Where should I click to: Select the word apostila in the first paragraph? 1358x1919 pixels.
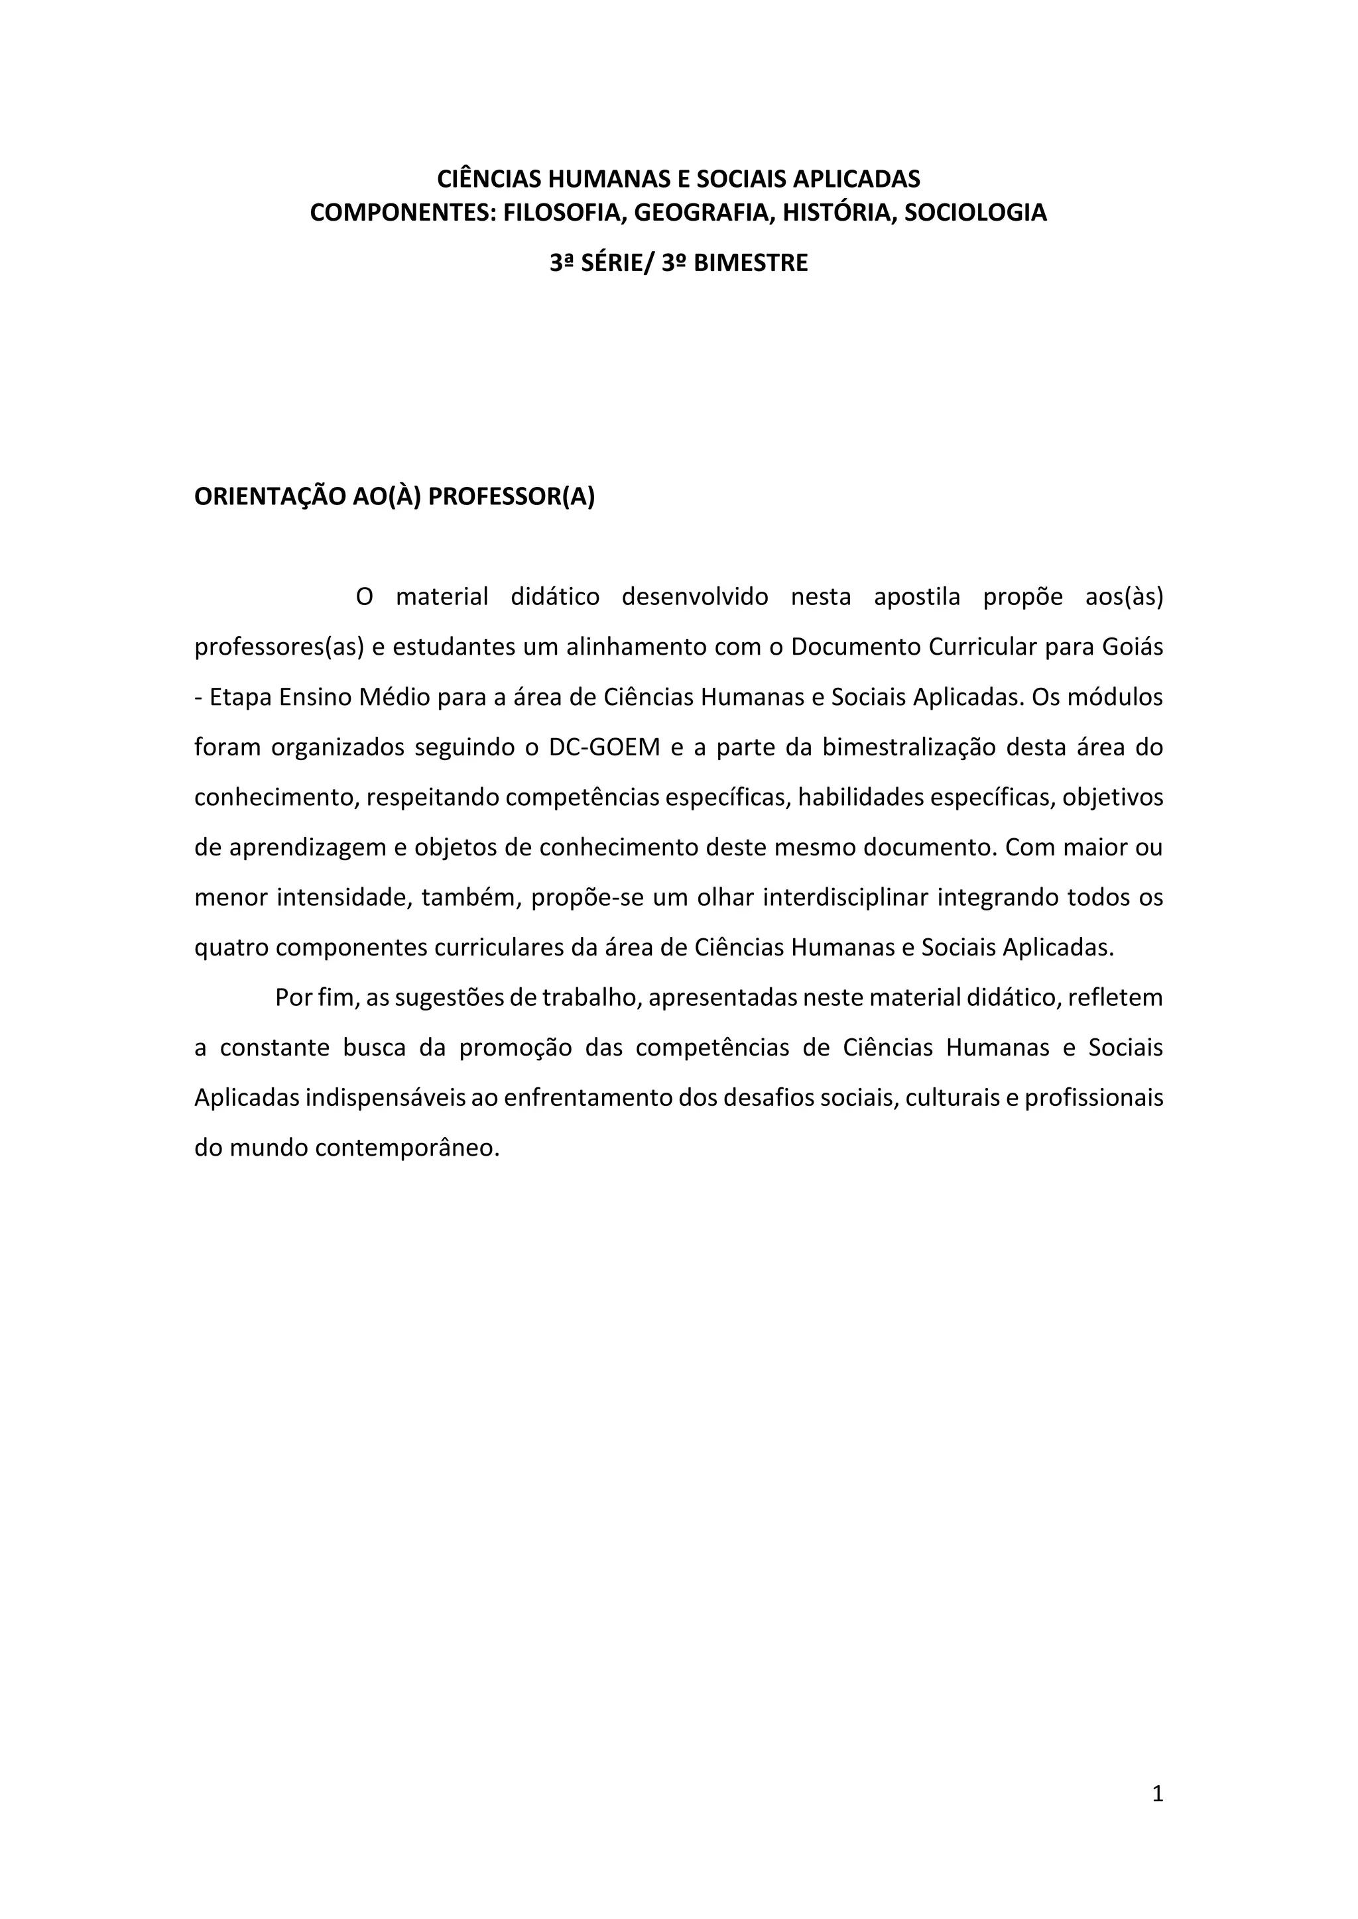(916, 598)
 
